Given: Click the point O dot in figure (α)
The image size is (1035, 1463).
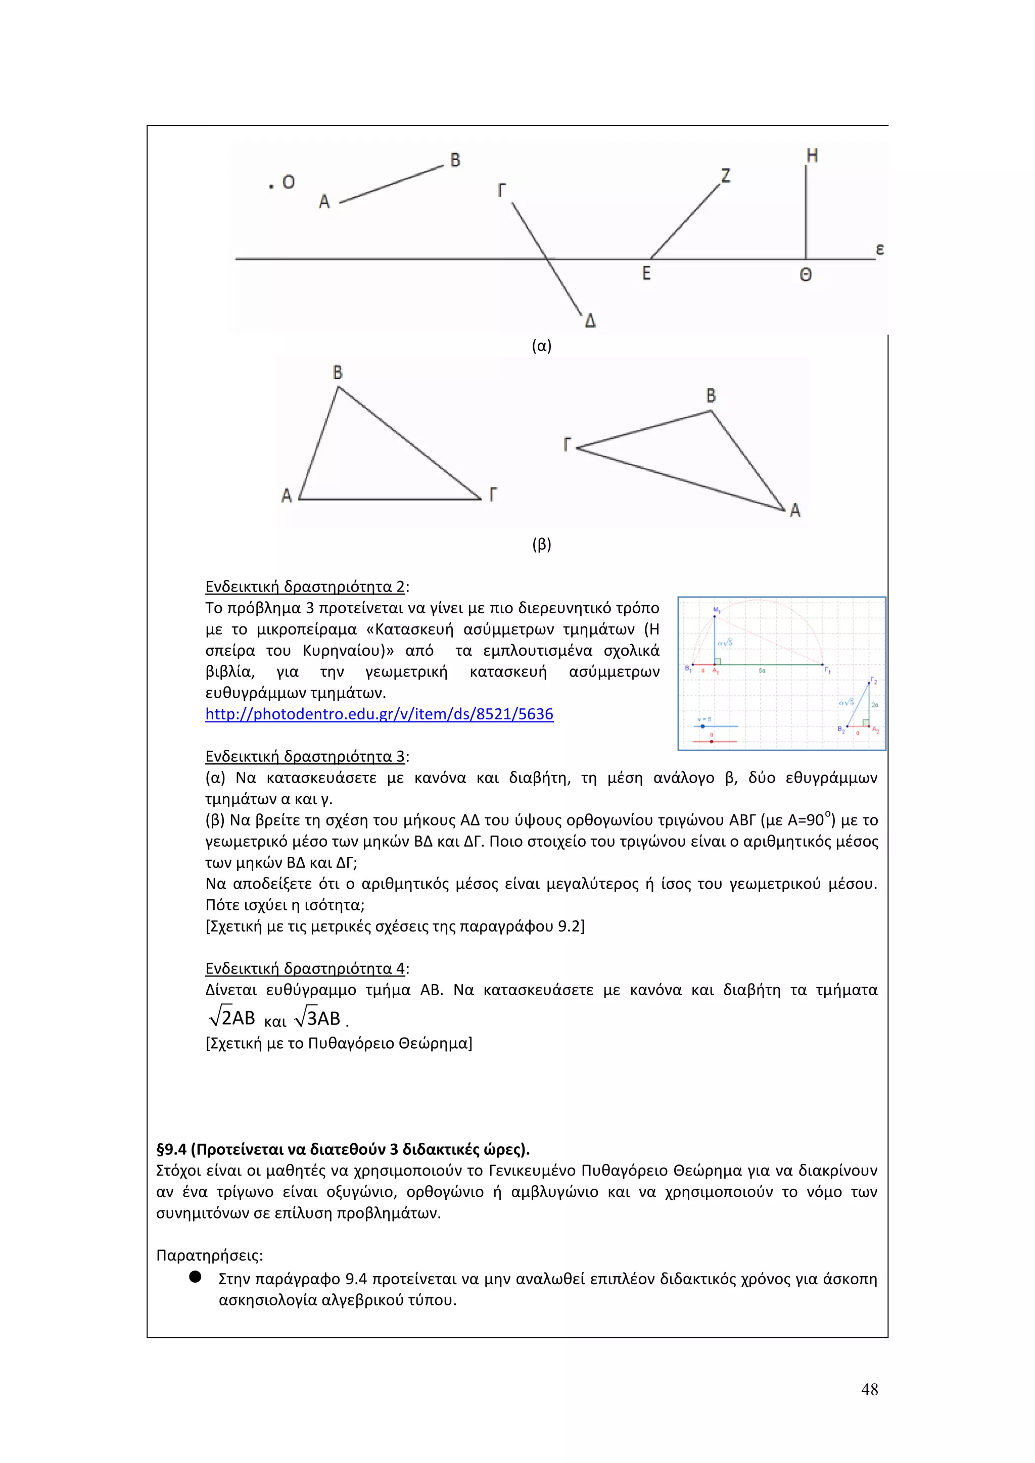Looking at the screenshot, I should point(271,185).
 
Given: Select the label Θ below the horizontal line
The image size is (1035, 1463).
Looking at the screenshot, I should point(806,275).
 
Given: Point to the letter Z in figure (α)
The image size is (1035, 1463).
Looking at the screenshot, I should point(725,175).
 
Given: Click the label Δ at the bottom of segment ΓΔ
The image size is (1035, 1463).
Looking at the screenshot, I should point(590,321).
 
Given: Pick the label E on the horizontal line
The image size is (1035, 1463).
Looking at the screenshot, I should point(646,273).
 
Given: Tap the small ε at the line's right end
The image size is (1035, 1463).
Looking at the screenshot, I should point(879,249).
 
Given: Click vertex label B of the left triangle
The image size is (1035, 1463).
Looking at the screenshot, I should point(338,372).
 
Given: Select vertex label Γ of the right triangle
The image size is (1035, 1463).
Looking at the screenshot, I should point(567,444).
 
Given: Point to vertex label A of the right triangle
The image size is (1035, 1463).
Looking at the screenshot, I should point(795,510).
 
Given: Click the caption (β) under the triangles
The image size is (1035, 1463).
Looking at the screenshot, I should point(542,545).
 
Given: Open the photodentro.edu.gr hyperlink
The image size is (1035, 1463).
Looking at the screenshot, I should point(379,714).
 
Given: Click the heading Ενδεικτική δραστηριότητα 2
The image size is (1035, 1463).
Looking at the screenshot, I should point(305,587).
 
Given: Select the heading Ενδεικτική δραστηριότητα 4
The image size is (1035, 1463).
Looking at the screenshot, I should point(305,968).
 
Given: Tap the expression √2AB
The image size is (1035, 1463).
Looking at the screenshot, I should point(232,1017).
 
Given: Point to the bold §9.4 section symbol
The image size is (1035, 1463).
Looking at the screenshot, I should point(171,1149).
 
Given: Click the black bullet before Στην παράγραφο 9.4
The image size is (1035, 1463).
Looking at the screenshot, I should point(196,1276).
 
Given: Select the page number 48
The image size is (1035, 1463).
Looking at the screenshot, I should point(869,1390).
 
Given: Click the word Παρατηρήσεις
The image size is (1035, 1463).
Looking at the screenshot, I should point(209,1255).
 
